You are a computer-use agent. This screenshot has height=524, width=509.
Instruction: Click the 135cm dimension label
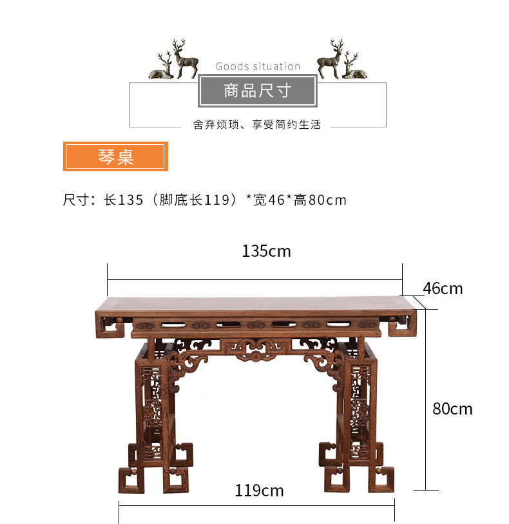pyautogui.click(x=266, y=251)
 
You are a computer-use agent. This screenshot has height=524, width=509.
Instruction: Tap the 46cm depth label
pyautogui.click(x=443, y=288)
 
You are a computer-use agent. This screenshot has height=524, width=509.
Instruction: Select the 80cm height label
pyautogui.click(x=452, y=409)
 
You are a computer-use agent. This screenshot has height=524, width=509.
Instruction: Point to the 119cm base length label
pyautogui.click(x=259, y=491)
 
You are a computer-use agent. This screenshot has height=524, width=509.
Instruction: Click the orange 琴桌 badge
pyautogui.click(x=115, y=156)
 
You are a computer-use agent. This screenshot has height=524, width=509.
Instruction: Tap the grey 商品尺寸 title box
pyautogui.click(x=258, y=91)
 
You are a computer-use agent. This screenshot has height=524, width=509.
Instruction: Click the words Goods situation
pyautogui.click(x=258, y=66)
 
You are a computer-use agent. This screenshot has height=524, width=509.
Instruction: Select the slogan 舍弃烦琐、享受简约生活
pyautogui.click(x=257, y=125)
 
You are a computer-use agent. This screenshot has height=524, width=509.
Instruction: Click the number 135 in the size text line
pyautogui.click(x=131, y=200)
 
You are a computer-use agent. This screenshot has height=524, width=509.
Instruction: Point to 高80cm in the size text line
pyautogui.click(x=320, y=200)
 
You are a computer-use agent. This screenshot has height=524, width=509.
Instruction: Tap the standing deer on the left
pyautogui.click(x=185, y=59)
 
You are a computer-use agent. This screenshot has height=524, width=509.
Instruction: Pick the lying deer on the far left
pyautogui.click(x=162, y=66)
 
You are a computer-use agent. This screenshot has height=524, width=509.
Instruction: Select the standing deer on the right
pyautogui.click(x=331, y=59)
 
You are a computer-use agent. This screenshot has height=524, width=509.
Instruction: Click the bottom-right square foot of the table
pyautogui.click(x=381, y=480)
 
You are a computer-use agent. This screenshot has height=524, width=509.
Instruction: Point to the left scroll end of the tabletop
pyautogui.click(x=110, y=325)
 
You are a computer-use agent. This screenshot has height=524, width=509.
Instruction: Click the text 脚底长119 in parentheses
pyautogui.click(x=195, y=200)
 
